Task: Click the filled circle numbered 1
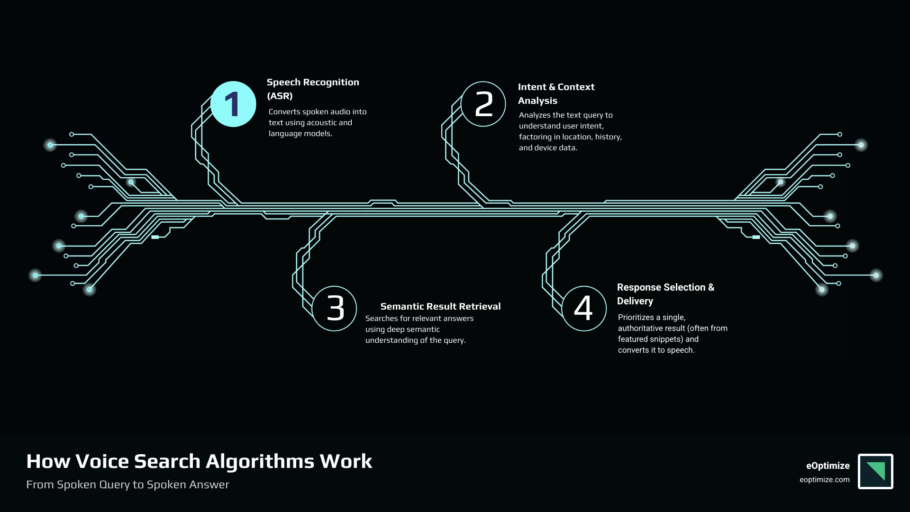(233, 104)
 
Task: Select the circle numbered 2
(483, 104)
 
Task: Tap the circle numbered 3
(335, 309)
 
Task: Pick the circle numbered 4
(584, 309)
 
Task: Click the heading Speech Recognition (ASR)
(313, 89)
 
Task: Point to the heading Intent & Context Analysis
(556, 93)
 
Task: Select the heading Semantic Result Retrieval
(440, 306)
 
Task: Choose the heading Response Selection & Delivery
(665, 294)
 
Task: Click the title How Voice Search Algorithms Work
(199, 461)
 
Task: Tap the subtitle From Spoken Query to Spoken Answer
(127, 485)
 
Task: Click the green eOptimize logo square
(875, 471)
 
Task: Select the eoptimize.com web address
(824, 480)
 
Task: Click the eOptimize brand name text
(828, 466)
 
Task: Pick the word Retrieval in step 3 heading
(480, 306)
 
